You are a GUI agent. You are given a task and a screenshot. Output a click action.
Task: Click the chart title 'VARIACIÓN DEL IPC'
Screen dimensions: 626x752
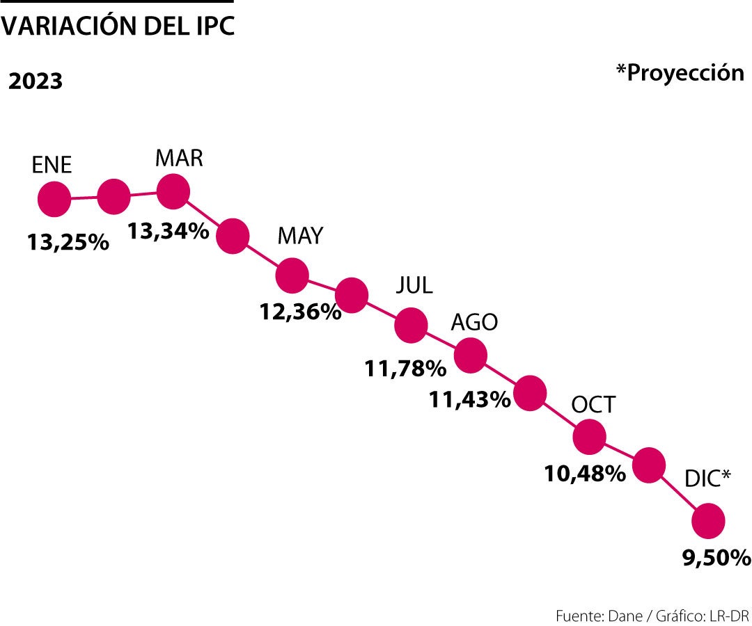tap(118, 26)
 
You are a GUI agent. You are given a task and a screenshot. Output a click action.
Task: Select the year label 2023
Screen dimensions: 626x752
tap(36, 81)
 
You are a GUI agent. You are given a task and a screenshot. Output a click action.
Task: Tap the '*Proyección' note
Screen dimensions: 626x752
tap(680, 72)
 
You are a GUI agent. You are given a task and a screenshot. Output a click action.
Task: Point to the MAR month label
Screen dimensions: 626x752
tap(179, 158)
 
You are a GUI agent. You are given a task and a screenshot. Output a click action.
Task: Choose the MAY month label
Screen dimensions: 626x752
tap(300, 236)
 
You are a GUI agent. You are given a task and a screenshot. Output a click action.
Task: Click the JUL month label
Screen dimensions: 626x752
tap(414, 284)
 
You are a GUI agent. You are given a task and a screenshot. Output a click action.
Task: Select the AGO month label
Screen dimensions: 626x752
tap(474, 322)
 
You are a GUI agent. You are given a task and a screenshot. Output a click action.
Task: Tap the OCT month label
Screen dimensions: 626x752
tap(593, 405)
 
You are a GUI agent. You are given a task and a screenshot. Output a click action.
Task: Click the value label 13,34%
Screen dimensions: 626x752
tap(168, 230)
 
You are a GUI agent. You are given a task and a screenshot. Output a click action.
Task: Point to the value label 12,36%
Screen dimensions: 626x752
tap(301, 311)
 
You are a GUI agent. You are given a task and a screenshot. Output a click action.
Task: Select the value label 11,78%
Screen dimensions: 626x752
tap(405, 367)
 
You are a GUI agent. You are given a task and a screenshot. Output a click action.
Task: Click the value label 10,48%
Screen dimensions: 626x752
tap(584, 474)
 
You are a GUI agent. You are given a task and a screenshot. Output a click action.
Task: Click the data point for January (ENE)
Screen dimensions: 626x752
tap(54, 200)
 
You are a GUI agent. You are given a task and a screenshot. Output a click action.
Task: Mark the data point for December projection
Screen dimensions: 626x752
tap(709, 522)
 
